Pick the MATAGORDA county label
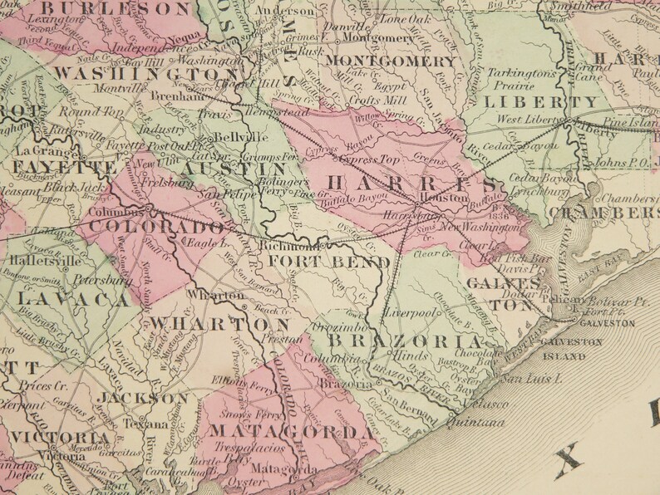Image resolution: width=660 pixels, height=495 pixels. click(289, 432)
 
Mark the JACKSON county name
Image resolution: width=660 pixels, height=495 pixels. click(149, 399)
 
